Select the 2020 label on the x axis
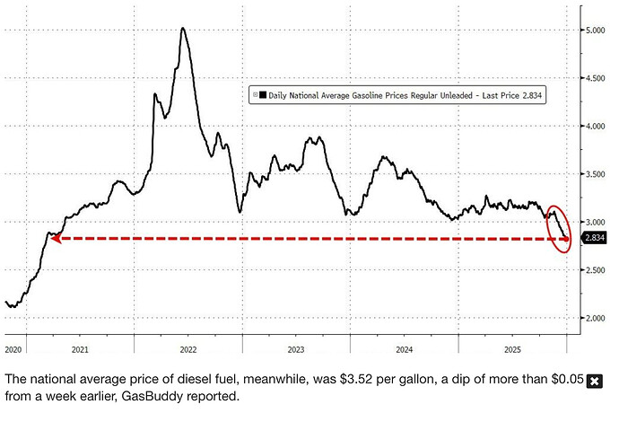coord(12,347)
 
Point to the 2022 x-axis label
coord(187,347)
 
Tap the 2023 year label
coord(296,347)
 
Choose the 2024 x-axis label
coord(405,347)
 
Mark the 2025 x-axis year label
coord(513,347)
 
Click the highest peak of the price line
coord(183,28)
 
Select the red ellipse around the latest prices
coord(559,228)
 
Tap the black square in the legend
coord(263,93)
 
